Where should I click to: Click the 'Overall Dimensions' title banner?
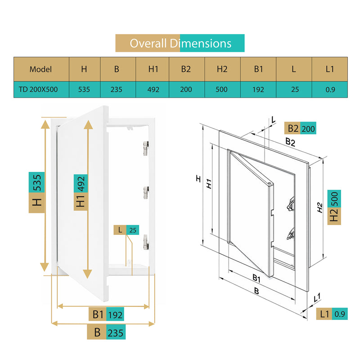click(180, 43)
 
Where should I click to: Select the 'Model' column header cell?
click(41, 69)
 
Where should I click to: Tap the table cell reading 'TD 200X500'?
click(41, 89)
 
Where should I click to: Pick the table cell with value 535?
click(85, 89)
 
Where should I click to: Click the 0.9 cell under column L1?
click(330, 89)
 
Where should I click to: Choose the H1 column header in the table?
click(153, 69)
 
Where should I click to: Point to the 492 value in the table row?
click(153, 89)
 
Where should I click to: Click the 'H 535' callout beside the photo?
click(37, 193)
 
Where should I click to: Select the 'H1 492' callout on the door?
click(81, 193)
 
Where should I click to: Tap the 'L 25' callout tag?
click(126, 230)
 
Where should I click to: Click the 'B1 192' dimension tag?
click(106, 314)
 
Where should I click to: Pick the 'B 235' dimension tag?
click(106, 332)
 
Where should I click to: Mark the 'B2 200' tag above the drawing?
click(300, 128)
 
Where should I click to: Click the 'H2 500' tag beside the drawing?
click(334, 207)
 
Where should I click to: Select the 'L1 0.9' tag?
click(332, 314)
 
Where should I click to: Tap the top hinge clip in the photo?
click(146, 148)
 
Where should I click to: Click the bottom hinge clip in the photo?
click(146, 242)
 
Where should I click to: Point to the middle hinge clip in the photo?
click(146, 193)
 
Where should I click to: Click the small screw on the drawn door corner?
click(269, 183)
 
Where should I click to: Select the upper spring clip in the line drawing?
click(291, 204)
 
